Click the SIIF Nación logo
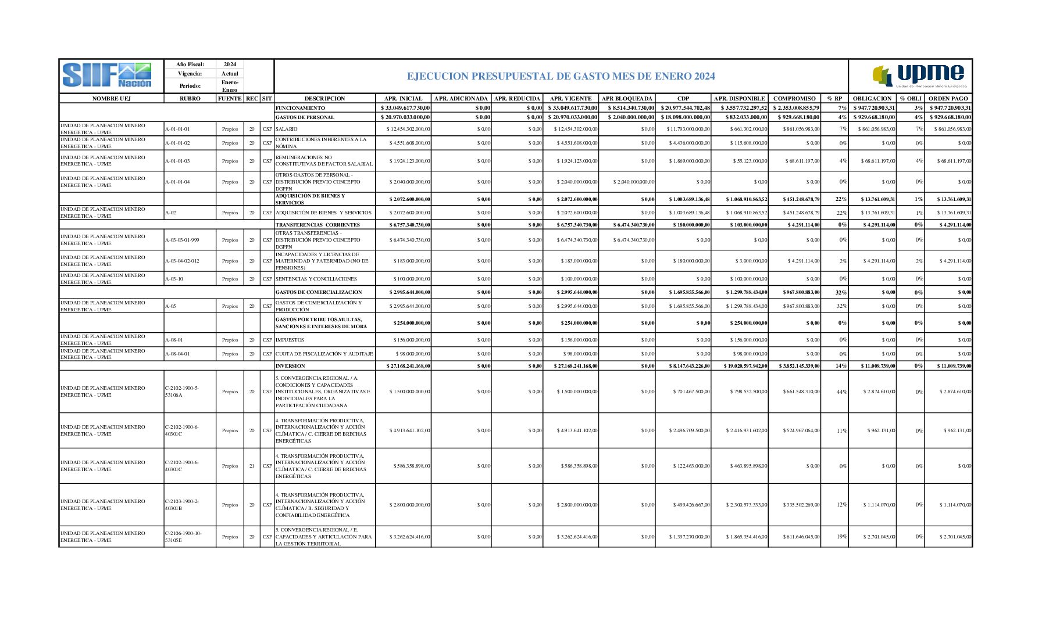tap(107, 76)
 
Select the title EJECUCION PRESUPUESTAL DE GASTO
tap(561, 76)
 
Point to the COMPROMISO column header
tap(794, 99)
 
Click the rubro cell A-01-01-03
tap(177, 161)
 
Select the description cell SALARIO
tap(286, 129)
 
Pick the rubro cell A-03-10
tap(174, 279)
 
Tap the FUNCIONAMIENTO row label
tap(300, 108)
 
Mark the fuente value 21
tap(252, 466)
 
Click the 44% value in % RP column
tap(841, 392)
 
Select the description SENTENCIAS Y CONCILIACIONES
tap(316, 279)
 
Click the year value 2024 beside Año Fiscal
tap(230, 64)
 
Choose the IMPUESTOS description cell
tap(290, 340)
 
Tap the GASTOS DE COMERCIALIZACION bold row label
tap(318, 292)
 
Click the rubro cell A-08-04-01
tap(177, 354)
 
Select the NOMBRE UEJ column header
tap(111, 99)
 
